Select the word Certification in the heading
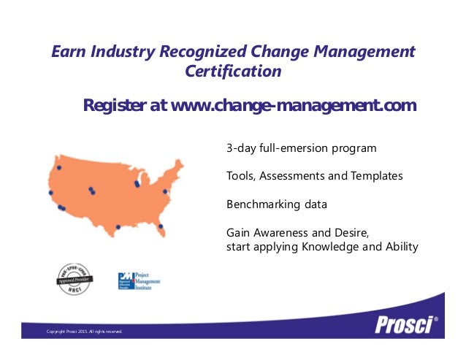point(233,72)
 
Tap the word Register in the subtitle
point(115,106)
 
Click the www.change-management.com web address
point(293,106)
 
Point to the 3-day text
point(240,148)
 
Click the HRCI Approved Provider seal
point(72,280)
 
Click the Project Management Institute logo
point(139,281)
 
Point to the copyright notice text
point(84,332)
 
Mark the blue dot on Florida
point(161,226)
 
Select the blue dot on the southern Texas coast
point(118,227)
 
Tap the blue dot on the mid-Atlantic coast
point(166,192)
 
